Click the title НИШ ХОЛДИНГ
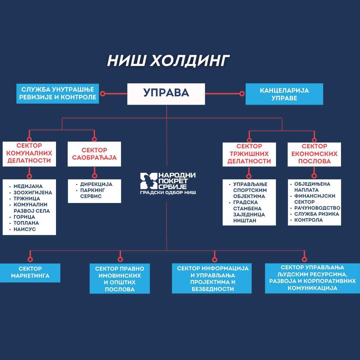[x=168, y=61]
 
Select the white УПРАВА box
[x=166, y=93]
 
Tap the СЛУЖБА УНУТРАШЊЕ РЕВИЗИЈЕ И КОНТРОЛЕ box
[x=58, y=93]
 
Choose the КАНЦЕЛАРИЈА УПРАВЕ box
[x=284, y=94]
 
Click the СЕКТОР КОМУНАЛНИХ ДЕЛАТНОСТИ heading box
[x=29, y=154]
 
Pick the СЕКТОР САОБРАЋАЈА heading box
[x=94, y=154]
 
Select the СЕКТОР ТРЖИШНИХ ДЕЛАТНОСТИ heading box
[x=249, y=154]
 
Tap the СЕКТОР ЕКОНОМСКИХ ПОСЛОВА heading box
[x=314, y=154]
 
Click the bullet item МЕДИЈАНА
[x=28, y=186]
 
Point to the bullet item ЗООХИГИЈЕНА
[x=33, y=193]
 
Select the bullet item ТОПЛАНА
[x=26, y=223]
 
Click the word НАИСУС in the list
[x=25, y=229]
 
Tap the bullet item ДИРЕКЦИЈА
[x=96, y=184]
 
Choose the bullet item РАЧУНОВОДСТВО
[x=317, y=208]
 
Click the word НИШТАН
[x=245, y=221]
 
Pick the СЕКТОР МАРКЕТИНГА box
[x=30, y=272]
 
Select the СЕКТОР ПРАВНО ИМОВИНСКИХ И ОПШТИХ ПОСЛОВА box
[x=120, y=279]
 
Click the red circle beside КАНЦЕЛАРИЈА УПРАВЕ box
[x=242, y=94]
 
